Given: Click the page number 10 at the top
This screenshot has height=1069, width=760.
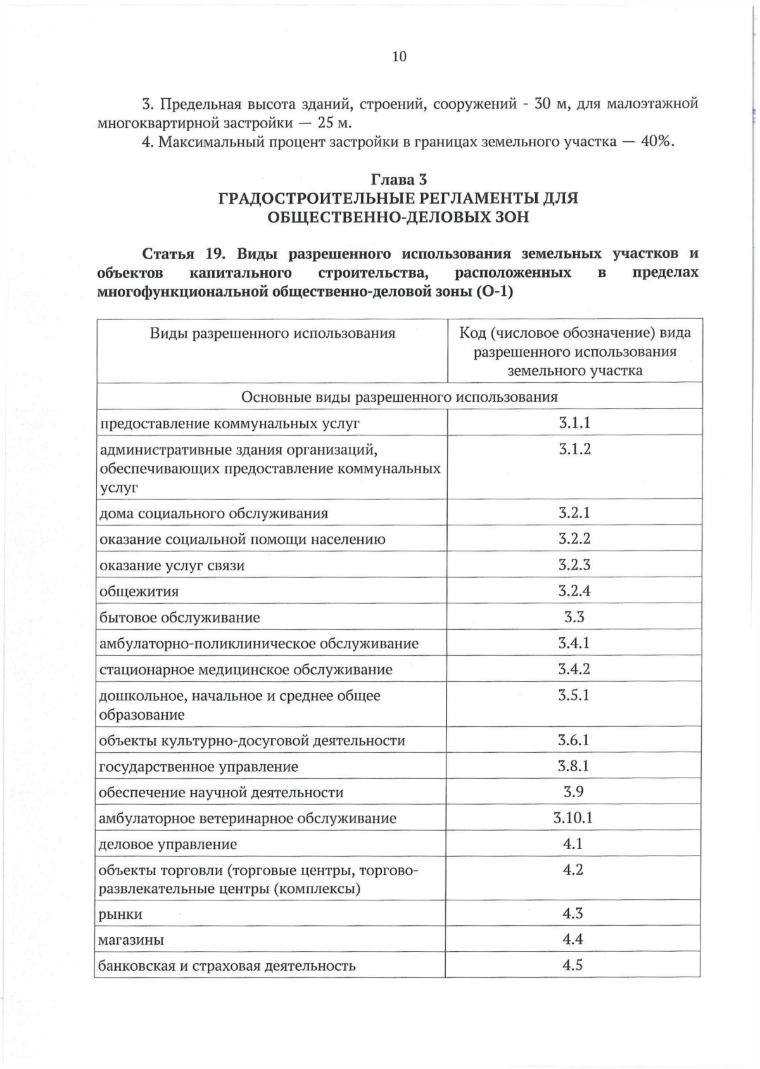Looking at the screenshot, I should (399, 56).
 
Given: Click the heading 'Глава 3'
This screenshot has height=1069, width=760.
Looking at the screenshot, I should (398, 179).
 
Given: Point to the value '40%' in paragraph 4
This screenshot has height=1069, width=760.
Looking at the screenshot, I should (656, 141).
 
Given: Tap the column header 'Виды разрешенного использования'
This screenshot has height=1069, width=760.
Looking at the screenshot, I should (272, 333).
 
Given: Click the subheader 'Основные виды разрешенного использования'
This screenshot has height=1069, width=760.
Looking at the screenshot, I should (399, 397).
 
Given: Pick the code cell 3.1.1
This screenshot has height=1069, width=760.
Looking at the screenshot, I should (574, 423).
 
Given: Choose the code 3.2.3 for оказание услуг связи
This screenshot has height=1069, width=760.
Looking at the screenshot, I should (574, 565).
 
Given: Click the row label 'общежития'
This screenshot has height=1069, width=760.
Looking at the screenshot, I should (139, 592).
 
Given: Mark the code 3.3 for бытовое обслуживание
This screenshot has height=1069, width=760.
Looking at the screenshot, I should (574, 617).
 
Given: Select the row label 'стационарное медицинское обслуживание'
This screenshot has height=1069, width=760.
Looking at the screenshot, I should (246, 670).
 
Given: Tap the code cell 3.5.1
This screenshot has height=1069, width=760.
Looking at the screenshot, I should (574, 695).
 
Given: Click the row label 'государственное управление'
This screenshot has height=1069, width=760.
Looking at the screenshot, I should (198, 767).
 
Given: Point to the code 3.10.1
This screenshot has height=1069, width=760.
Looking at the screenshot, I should (573, 817).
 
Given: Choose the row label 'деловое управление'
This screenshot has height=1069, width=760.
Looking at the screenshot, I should (168, 845).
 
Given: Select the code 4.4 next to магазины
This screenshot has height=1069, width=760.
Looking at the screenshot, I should (573, 940).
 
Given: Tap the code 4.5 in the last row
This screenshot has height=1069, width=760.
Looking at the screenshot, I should (573, 966).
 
